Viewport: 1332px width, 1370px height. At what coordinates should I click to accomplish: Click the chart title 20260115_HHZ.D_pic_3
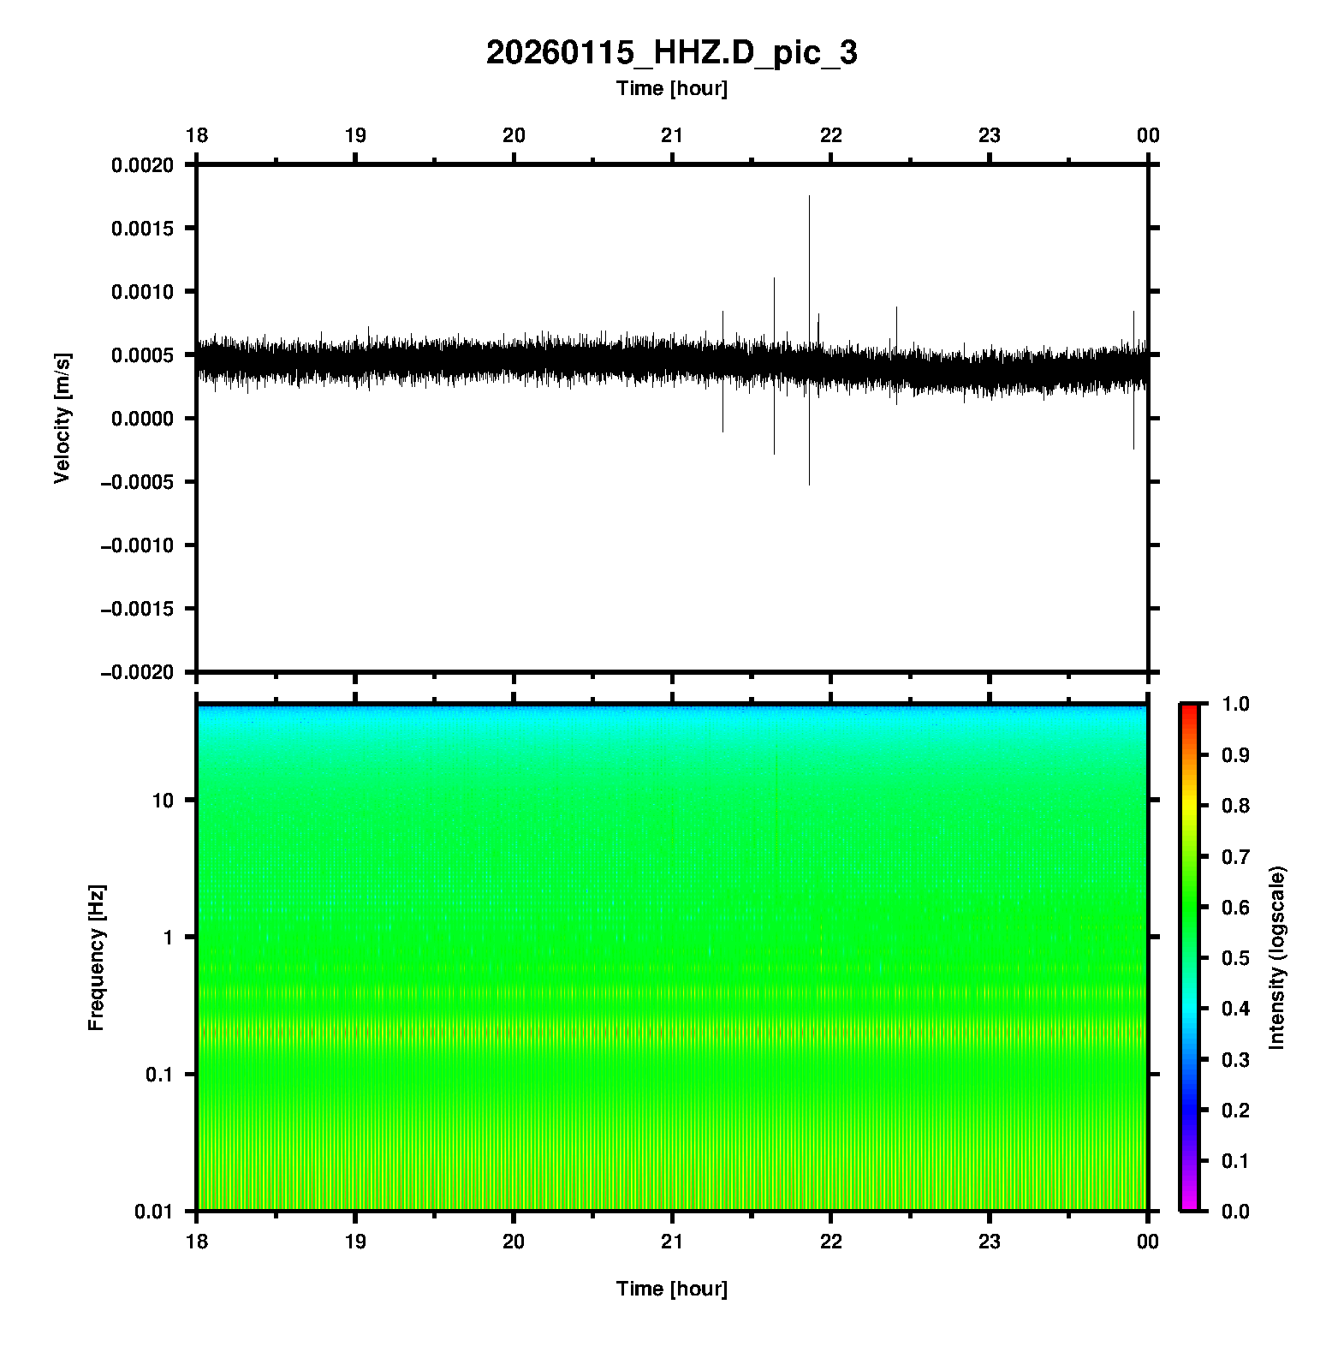tap(671, 53)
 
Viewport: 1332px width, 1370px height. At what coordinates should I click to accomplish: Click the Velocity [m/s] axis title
tap(62, 418)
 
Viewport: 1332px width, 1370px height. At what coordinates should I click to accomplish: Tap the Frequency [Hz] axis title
tap(96, 958)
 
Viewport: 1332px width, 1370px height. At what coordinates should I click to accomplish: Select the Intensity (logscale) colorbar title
tap(1277, 957)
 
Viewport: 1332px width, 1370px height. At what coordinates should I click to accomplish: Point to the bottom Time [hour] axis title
tap(671, 1289)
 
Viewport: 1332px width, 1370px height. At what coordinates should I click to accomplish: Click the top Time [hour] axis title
tap(671, 88)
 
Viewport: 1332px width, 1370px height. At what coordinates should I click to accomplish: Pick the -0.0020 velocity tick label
tap(139, 672)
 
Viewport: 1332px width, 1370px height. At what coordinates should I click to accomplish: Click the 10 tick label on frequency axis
tap(163, 801)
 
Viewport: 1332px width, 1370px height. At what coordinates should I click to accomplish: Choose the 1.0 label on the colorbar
tap(1237, 704)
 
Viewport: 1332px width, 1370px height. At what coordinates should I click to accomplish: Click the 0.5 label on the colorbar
tap(1237, 957)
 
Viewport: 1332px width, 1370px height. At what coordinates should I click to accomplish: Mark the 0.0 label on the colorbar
tap(1237, 1211)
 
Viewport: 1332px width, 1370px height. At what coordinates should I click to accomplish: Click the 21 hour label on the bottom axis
tap(672, 1242)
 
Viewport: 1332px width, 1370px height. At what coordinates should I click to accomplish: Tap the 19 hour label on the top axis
tap(355, 135)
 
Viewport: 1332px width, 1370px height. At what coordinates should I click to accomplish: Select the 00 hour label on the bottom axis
tap(1148, 1242)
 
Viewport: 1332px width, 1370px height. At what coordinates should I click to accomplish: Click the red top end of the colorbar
tap(1189, 709)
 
